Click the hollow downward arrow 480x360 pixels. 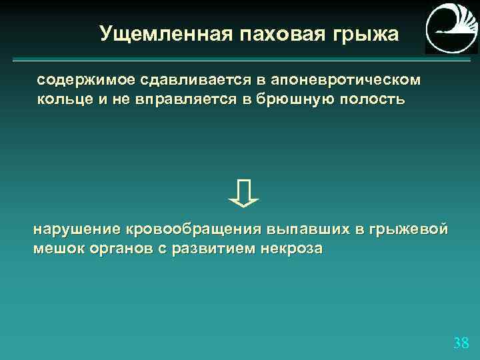[243, 192]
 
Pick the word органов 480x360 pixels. [118, 249]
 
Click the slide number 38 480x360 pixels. [461, 343]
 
